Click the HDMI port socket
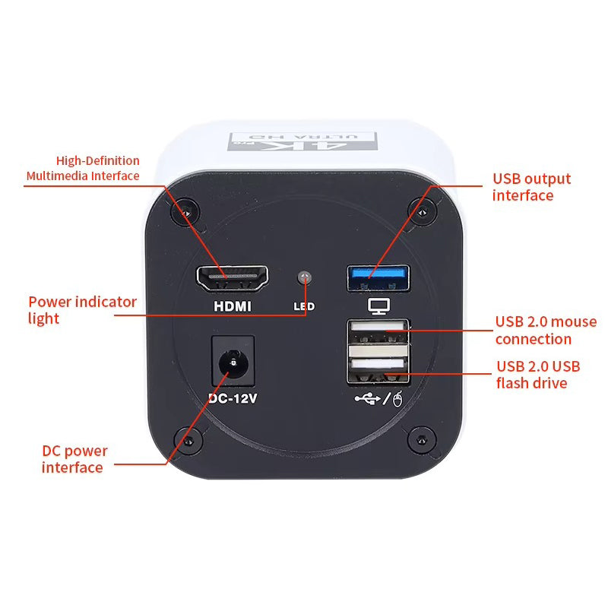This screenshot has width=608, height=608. [233, 280]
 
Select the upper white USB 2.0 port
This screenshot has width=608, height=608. [378, 333]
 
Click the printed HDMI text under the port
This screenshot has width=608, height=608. [233, 307]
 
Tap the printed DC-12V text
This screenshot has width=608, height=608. [233, 397]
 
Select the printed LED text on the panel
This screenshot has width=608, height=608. [304, 307]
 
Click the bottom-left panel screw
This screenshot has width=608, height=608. [186, 439]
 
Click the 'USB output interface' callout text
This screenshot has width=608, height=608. [531, 187]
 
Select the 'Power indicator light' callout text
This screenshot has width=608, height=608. [82, 309]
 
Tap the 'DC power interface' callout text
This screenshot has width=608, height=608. [74, 459]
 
